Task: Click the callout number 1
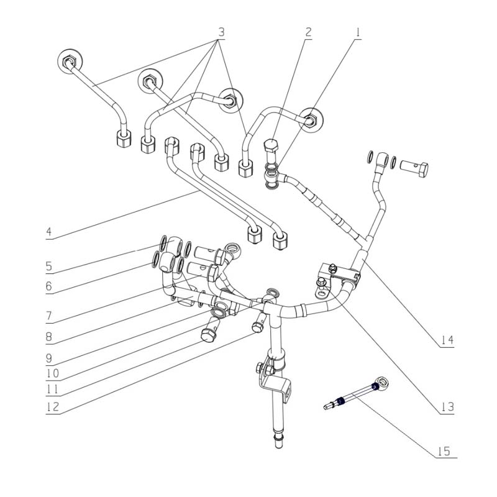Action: point(357,30)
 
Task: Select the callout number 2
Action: point(309,30)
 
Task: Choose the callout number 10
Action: point(49,374)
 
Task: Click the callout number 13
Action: point(447,408)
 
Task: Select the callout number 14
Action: point(447,340)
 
